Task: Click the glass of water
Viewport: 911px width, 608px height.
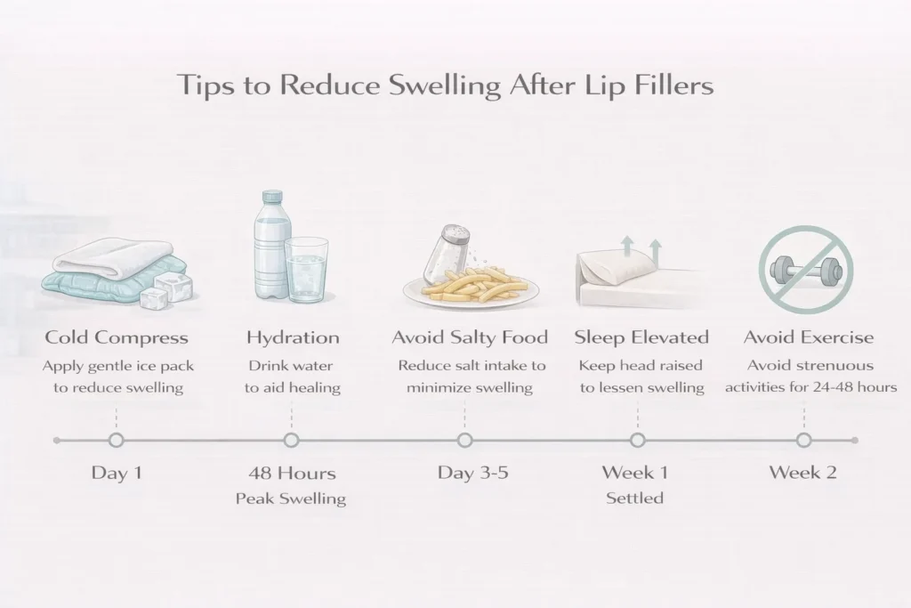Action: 307,272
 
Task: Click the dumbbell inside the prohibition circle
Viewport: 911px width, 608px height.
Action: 805,266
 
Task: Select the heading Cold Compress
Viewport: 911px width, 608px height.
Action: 116,337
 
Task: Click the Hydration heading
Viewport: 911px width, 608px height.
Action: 292,337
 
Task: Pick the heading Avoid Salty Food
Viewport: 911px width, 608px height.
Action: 471,337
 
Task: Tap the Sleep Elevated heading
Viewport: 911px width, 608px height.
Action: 641,337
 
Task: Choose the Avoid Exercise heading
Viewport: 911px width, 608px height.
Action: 809,337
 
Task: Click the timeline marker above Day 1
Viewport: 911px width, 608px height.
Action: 116,440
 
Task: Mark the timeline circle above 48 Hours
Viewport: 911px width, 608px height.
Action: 290,440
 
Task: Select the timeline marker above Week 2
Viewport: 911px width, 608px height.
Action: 803,440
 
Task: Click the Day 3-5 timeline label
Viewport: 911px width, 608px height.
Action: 472,472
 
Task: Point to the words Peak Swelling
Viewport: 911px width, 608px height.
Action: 290,499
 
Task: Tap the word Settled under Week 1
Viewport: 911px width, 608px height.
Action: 634,499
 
